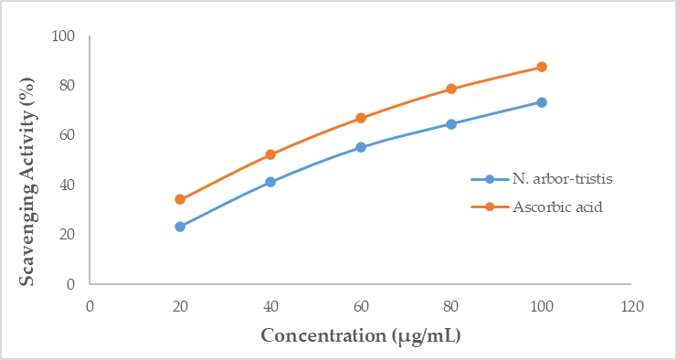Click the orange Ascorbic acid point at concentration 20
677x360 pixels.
180,199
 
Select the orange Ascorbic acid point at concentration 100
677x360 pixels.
542,67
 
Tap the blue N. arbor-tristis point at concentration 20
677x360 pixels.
180,227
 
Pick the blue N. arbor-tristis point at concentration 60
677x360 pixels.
361,147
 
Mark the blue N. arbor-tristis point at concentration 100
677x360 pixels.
542,102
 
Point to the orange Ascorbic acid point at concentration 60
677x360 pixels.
361,118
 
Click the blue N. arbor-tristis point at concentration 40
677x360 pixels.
270,182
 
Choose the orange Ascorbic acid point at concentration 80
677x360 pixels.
451,89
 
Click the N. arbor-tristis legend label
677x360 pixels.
563,179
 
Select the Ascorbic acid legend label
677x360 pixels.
557,207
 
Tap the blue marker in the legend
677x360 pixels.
490,179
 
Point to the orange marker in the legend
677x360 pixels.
490,207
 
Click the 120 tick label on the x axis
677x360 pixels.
631,306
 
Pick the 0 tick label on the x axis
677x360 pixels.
90,306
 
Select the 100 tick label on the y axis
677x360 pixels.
63,37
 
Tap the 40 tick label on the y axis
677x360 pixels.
68,185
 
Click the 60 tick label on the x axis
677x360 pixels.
361,306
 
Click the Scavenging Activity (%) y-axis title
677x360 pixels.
27,181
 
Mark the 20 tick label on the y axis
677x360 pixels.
68,235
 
